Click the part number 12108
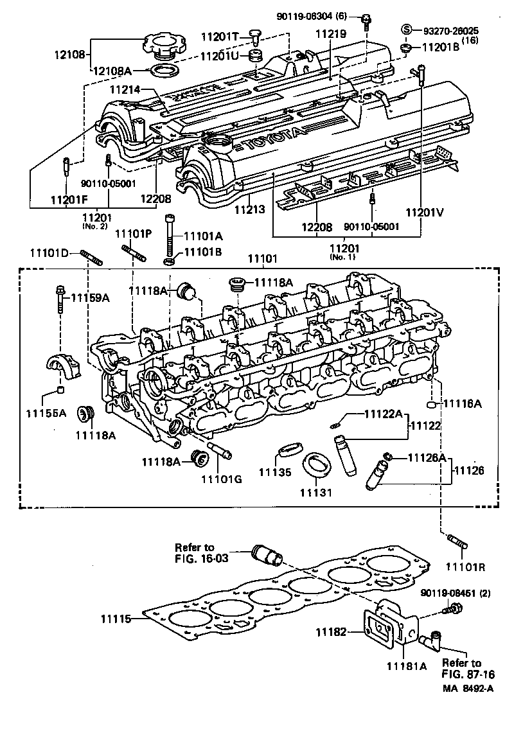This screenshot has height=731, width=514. [x=71, y=55]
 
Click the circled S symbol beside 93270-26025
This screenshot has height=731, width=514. [x=406, y=29]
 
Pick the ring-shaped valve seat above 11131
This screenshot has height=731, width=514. [x=315, y=466]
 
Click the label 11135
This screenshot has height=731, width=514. [x=275, y=472]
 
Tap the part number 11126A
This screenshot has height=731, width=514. [x=427, y=457]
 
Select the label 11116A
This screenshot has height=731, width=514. [x=462, y=403]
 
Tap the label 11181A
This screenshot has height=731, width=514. [x=405, y=666]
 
